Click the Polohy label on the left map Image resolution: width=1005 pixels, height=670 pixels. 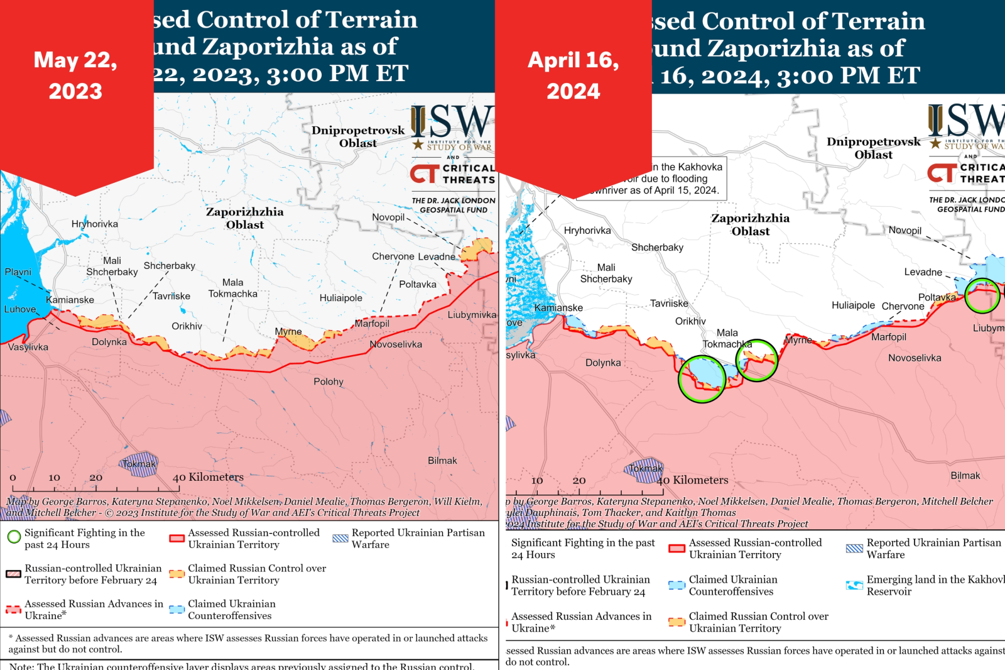[329, 382]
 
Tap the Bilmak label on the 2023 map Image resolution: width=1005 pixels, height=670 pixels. [442, 461]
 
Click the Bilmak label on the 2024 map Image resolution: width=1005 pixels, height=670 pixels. [965, 476]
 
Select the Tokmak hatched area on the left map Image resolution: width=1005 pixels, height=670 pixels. [139, 464]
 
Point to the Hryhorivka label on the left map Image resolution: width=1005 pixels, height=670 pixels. [95, 224]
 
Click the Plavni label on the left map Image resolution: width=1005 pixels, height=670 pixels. [18, 272]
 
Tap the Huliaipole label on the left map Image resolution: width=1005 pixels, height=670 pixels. [340, 298]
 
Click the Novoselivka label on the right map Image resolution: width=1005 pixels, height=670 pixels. [914, 358]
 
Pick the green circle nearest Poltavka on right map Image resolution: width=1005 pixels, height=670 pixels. [982, 295]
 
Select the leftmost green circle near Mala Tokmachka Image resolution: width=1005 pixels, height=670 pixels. [702, 378]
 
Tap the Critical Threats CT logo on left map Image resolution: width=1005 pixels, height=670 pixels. [425, 174]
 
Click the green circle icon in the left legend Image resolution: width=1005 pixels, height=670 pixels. [14, 537]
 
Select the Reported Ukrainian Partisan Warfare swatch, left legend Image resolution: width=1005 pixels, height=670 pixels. [340, 538]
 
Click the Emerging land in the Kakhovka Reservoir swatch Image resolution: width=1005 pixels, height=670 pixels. [854, 585]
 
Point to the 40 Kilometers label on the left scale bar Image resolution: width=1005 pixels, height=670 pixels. [208, 477]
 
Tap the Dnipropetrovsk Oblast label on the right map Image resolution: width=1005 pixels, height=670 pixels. [873, 148]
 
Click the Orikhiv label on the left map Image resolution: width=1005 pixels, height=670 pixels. [187, 326]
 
